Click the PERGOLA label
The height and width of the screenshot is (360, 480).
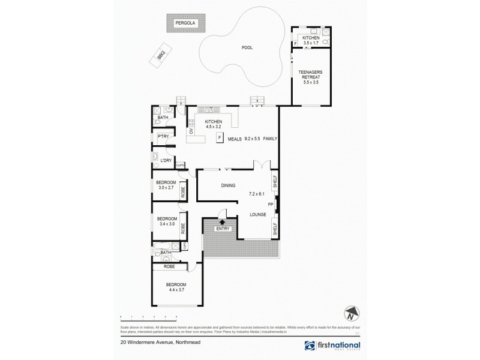click(186, 23)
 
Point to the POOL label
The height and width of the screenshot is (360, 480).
click(247, 47)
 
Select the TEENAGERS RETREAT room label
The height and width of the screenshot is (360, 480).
click(311, 74)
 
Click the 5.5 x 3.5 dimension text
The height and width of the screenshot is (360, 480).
click(311, 83)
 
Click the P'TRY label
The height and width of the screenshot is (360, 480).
click(162, 137)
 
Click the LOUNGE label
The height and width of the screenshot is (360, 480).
click(258, 214)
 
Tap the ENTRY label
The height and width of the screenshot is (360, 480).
click(223, 229)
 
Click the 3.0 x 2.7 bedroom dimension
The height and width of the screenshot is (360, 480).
click(166, 188)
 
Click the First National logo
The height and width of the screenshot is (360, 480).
click(333, 346)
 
